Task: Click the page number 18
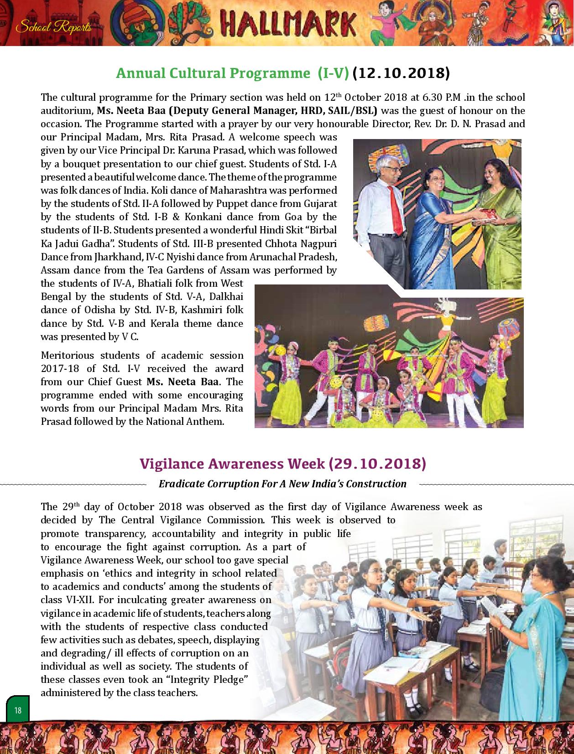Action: (18, 710)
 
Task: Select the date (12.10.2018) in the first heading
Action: (401, 73)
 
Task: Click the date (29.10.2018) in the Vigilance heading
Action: (377, 464)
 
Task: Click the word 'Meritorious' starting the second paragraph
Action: (68, 355)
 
